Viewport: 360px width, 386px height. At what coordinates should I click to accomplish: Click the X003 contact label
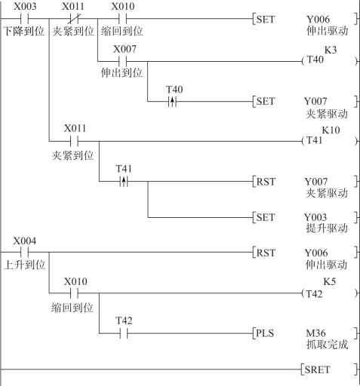(25, 6)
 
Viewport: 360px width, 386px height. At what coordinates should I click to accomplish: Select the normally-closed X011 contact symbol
(73, 19)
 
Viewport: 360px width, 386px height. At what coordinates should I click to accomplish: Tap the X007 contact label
(125, 49)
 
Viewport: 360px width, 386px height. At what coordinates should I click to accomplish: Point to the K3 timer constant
(331, 50)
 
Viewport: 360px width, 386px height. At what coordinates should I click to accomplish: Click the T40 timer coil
(329, 60)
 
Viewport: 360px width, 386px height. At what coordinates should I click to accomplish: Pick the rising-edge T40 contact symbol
(172, 102)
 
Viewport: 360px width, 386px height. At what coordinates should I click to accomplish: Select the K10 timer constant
(331, 130)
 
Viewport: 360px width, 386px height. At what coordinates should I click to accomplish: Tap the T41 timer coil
(329, 141)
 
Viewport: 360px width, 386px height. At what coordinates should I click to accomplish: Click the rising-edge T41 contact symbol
(124, 181)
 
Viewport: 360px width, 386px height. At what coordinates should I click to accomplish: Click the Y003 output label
(315, 217)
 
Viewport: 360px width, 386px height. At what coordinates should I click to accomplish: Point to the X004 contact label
(25, 241)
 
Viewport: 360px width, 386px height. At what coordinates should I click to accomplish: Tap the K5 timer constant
(330, 281)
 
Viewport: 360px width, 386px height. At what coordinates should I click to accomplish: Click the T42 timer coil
(329, 293)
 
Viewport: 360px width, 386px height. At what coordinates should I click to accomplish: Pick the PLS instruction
(265, 333)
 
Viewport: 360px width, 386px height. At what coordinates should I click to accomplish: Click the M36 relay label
(315, 333)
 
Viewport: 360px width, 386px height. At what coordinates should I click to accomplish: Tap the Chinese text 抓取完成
(327, 345)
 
